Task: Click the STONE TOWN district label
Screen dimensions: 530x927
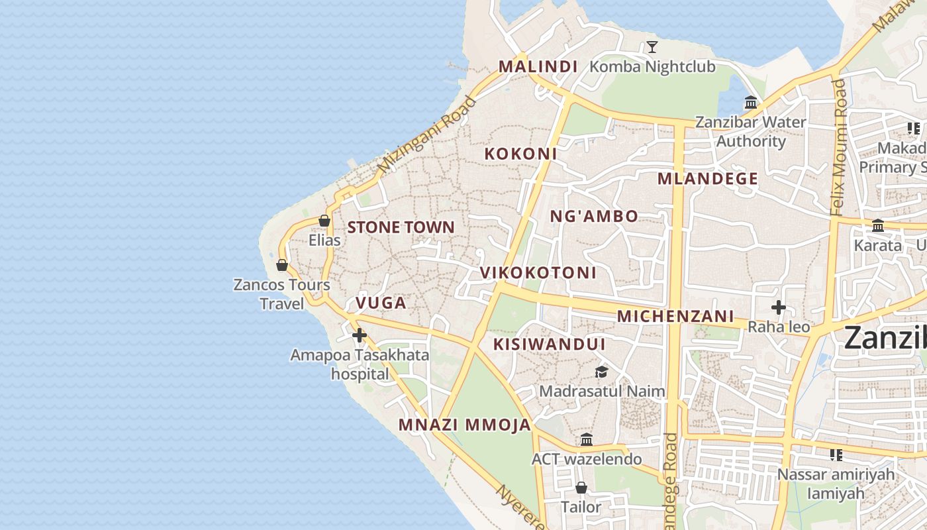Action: [x=401, y=227]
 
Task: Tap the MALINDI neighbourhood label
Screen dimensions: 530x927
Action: [x=538, y=66]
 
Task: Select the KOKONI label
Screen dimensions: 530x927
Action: [x=520, y=154]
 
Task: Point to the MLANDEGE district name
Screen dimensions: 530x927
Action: [x=707, y=178]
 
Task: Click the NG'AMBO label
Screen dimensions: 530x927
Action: [x=594, y=216]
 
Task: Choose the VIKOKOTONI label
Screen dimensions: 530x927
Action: [x=538, y=272]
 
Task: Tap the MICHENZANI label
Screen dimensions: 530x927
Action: [x=675, y=316]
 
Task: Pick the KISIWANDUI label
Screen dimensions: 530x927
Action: [x=549, y=344]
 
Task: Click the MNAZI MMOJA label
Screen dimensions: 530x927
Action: [x=465, y=425]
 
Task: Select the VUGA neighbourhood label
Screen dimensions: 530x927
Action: [x=381, y=303]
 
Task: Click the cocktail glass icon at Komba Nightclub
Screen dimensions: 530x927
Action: [x=652, y=46]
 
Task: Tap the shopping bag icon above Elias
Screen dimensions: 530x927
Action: [x=324, y=221]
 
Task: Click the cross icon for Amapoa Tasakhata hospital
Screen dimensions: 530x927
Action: [x=359, y=335]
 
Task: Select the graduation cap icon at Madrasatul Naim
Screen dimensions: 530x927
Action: [x=601, y=372]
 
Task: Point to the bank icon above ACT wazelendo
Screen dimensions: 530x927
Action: [x=587, y=439]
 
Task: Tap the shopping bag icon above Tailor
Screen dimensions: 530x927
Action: [x=581, y=488]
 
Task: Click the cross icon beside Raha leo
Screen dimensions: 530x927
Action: [x=779, y=307]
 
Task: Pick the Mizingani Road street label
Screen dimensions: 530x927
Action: [x=427, y=135]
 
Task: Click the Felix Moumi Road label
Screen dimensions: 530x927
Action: [x=838, y=147]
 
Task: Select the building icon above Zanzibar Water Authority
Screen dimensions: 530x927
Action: [x=751, y=103]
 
